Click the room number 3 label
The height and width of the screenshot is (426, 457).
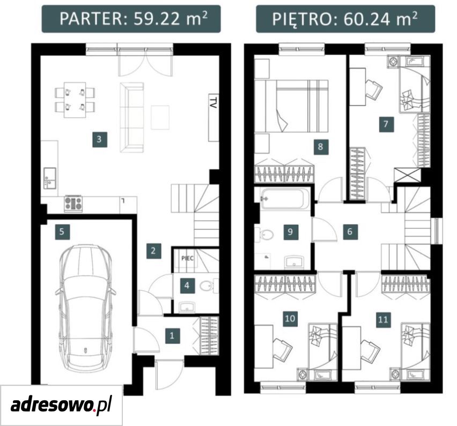coord(99,139)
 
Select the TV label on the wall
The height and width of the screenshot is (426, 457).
coord(213,104)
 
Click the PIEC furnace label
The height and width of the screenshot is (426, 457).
coord(187,259)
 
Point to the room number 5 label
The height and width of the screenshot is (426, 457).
coord(62,232)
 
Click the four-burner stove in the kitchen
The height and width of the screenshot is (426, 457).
coord(73,203)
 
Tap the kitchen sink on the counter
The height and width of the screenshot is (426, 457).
coord(49,178)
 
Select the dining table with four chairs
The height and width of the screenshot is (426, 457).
coord(75,100)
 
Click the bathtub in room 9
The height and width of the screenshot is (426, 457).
coord(282,199)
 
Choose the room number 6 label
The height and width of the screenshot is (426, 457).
coord(350,232)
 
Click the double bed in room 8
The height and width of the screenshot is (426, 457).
coord(291,106)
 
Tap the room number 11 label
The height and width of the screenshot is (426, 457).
coord(383,320)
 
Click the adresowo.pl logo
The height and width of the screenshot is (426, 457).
coord(61,406)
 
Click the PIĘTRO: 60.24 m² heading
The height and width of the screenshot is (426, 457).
coord(344,19)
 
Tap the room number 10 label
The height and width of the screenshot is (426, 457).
coord(290,318)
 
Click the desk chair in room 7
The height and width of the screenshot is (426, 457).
coord(373,90)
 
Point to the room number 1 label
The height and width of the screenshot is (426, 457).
coord(172,335)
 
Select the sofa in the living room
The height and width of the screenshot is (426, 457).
coord(132,117)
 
